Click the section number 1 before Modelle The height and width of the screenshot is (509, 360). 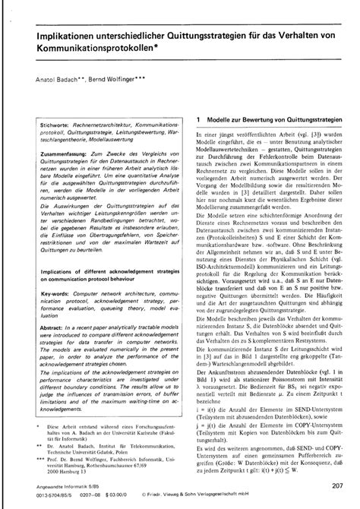(198, 120)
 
